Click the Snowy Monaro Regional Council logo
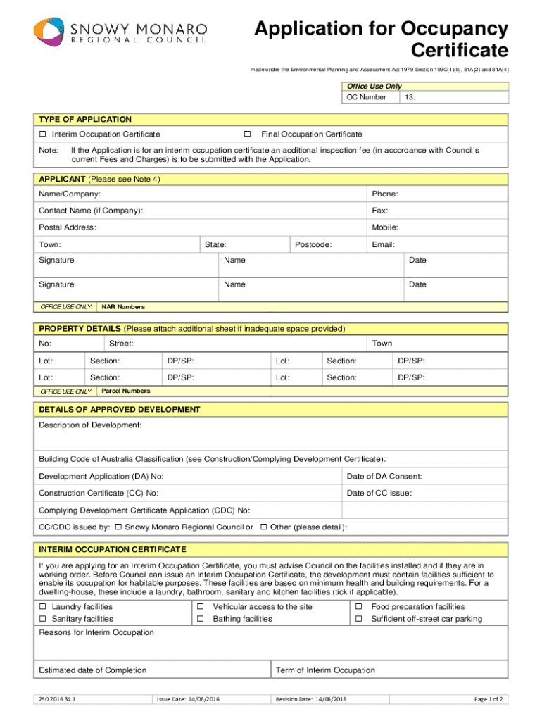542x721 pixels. coord(120,32)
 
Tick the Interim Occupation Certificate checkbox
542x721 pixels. coord(43,134)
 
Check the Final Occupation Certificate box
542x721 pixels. coord(247,134)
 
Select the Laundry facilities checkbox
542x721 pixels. coord(43,607)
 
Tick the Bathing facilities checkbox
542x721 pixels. coord(200,619)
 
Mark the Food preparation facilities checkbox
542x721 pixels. coord(358,607)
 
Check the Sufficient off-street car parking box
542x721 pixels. coord(358,619)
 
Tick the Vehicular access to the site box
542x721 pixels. coord(200,607)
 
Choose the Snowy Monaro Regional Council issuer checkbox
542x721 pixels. coord(118,527)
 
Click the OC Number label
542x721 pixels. coord(366,97)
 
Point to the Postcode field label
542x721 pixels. coord(313,244)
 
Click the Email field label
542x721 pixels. coord(384,244)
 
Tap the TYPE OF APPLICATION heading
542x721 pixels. coord(85,120)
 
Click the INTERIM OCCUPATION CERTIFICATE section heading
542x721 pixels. coord(113,549)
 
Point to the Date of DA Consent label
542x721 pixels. coord(384,477)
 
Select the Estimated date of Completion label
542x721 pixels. coord(93,670)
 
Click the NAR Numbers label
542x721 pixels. coord(123,307)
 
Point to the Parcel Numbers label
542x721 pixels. coord(126,391)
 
